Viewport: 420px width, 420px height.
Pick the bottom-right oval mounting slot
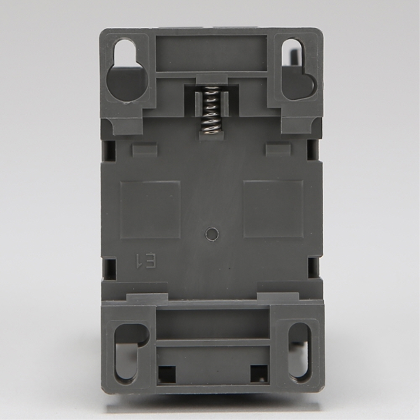[300, 354]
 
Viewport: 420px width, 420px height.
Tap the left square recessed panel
[150, 210]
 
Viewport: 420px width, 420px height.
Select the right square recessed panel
[273, 209]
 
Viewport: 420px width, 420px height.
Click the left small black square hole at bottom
[167, 374]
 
